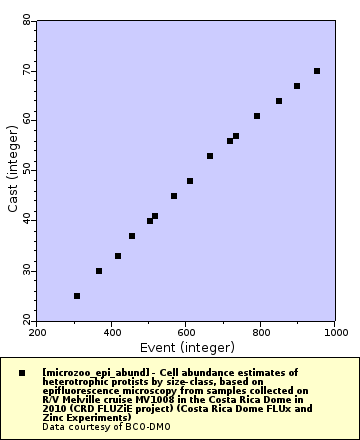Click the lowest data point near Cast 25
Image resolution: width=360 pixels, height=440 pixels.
77,296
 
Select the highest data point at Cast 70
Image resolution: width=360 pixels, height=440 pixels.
317,71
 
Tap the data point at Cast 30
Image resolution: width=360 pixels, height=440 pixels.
99,271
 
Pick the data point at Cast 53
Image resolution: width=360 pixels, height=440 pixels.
210,156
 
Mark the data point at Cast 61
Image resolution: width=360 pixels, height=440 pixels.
257,116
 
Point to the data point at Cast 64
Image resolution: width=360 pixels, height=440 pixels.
279,101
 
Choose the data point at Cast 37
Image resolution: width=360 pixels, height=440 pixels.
132,236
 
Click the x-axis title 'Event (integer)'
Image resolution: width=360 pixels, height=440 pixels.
186,347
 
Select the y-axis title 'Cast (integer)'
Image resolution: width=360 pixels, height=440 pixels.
12,170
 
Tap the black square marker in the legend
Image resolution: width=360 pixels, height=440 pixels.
21,373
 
